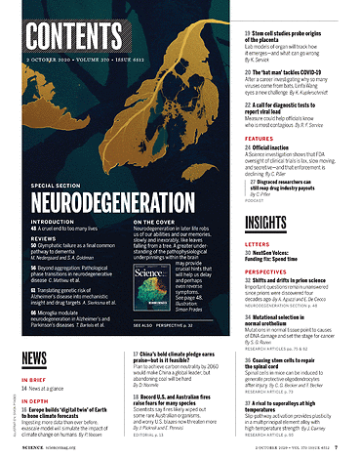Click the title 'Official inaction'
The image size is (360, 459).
(280, 149)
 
